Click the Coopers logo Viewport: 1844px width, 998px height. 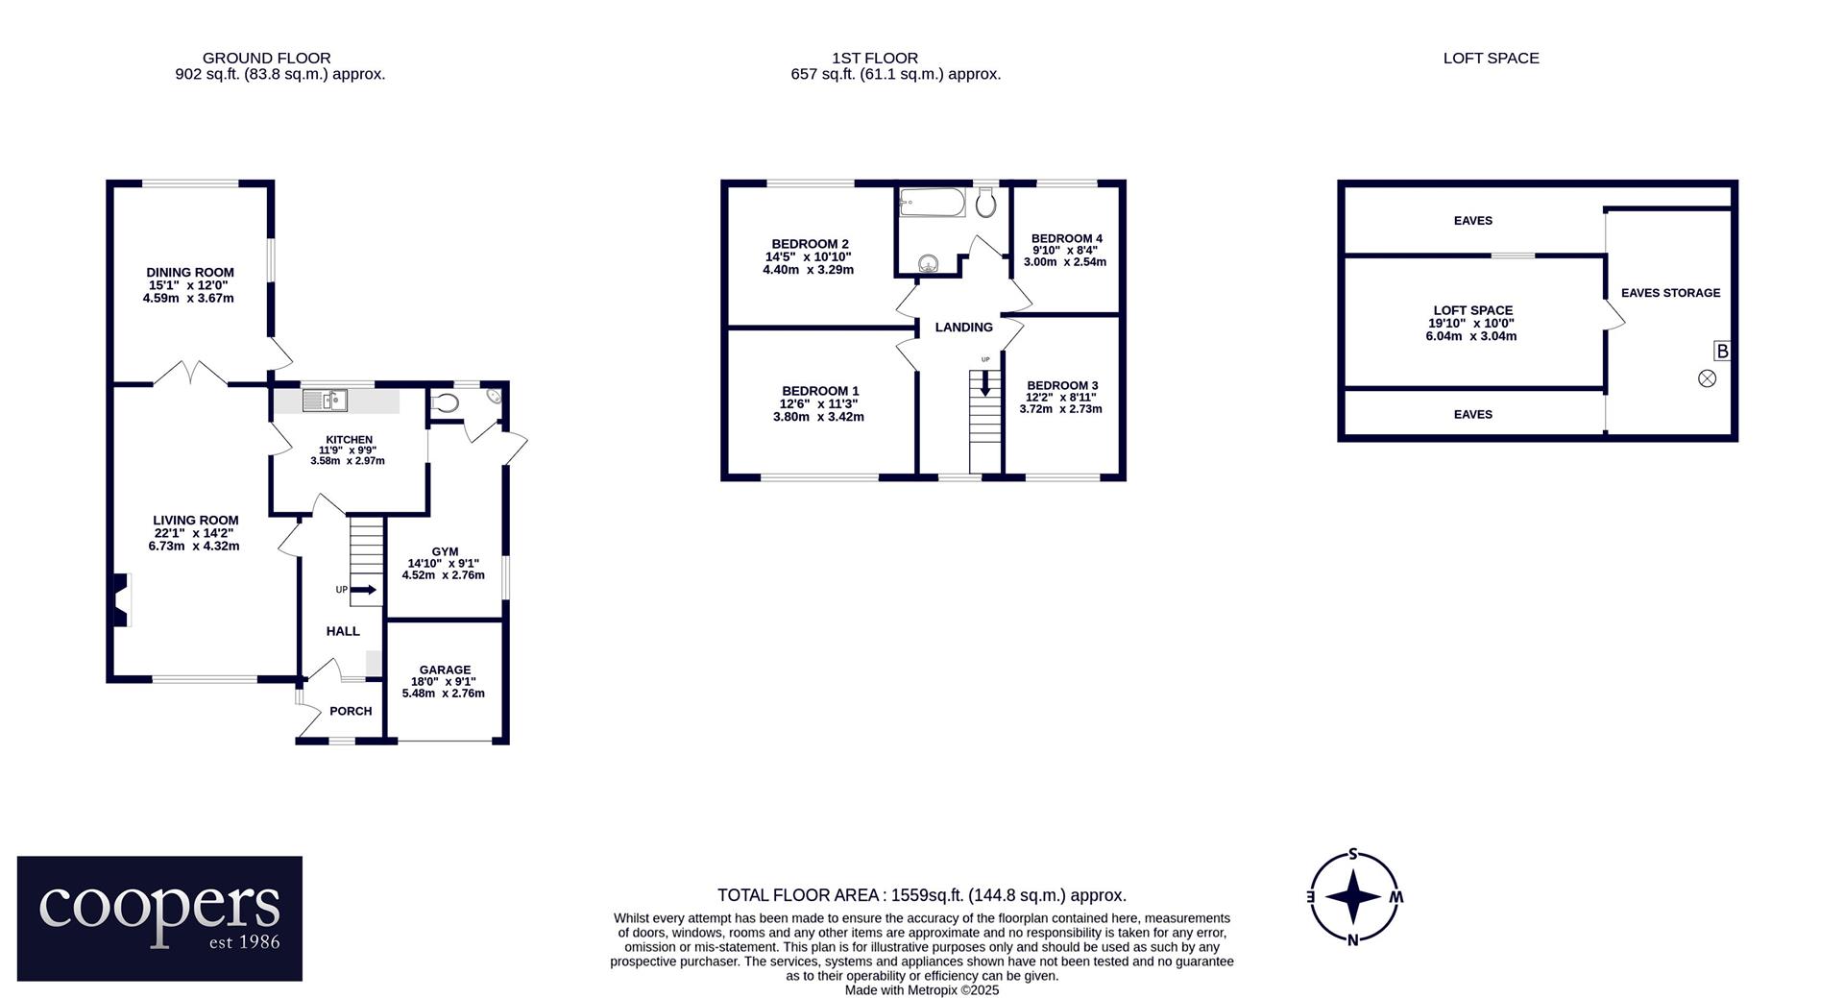coord(159,918)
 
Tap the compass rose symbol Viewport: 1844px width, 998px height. coord(1353,896)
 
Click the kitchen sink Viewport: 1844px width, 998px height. coord(325,400)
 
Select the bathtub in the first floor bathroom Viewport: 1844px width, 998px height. coord(932,202)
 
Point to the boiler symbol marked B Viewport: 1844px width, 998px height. coord(1722,352)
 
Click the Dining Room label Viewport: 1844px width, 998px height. coord(190,273)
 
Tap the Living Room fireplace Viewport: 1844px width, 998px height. coord(120,600)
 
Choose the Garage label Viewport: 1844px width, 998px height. coord(445,670)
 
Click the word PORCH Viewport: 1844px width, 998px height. coord(351,712)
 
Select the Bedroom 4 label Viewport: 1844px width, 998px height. coord(1067,239)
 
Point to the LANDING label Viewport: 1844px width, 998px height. coord(964,328)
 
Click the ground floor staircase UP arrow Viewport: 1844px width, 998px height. coord(364,590)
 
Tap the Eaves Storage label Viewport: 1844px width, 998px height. coord(1671,293)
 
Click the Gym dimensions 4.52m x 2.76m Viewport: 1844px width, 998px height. coord(444,575)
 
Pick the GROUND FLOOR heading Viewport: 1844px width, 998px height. coord(267,59)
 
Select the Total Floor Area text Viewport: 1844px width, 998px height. coord(922,895)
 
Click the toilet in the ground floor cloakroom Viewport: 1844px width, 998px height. coord(443,403)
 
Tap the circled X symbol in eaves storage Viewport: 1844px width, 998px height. coord(1707,378)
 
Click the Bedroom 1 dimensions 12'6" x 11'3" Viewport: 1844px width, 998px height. coord(818,404)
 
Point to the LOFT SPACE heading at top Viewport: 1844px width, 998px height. coord(1492,59)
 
